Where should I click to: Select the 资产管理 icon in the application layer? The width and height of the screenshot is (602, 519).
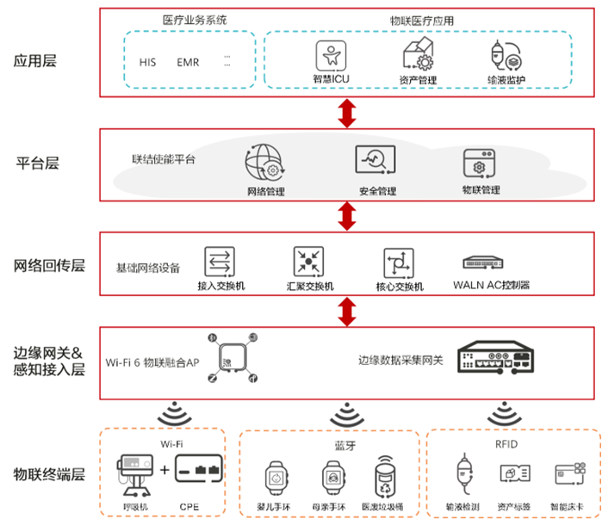[x=418, y=56]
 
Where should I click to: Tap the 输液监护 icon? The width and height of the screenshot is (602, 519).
[x=506, y=56]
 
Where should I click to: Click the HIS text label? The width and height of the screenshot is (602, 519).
[x=148, y=63]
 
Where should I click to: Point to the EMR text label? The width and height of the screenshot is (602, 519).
[x=187, y=63]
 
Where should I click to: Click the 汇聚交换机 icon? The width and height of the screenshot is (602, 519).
[x=308, y=260]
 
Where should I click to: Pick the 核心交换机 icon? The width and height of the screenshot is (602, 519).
[x=400, y=260]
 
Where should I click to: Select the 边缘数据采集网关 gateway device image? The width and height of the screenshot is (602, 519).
[x=499, y=355]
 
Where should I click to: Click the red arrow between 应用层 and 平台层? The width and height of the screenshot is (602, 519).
[x=347, y=113]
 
